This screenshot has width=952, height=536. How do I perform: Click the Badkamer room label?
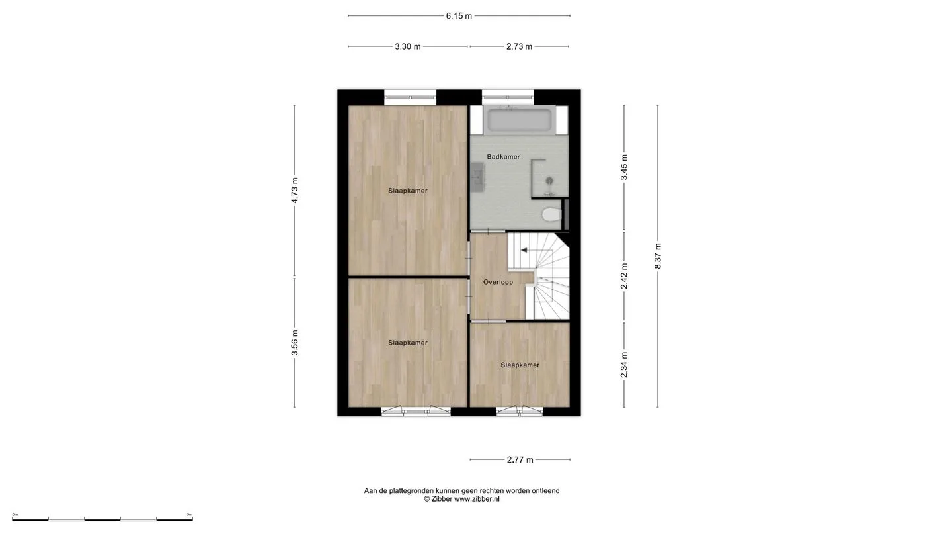[503, 157]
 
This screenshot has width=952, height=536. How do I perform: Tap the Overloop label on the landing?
[498, 282]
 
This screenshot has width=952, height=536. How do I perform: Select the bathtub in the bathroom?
[519, 120]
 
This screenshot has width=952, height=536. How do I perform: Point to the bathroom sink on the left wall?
[477, 177]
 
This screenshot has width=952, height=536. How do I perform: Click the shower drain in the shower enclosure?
[549, 181]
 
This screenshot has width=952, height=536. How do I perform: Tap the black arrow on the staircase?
[524, 250]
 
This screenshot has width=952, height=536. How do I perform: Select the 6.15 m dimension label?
[459, 16]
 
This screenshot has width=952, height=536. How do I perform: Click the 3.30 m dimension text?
[407, 46]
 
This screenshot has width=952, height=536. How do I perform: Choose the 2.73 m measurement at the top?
[519, 46]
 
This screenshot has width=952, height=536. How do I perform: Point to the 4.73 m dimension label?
[295, 190]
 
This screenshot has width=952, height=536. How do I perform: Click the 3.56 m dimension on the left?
[295, 343]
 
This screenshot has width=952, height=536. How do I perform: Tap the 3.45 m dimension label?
[624, 167]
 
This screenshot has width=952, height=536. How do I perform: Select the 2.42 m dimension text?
[624, 276]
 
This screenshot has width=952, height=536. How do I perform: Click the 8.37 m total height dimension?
[657, 255]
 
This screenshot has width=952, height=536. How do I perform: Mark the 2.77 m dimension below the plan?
[520, 459]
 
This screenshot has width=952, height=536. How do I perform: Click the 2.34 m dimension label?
[624, 365]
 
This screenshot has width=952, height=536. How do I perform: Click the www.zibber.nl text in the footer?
[477, 499]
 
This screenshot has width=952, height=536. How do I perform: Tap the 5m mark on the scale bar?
[190, 514]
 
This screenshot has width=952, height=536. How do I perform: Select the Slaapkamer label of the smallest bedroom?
[520, 365]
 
